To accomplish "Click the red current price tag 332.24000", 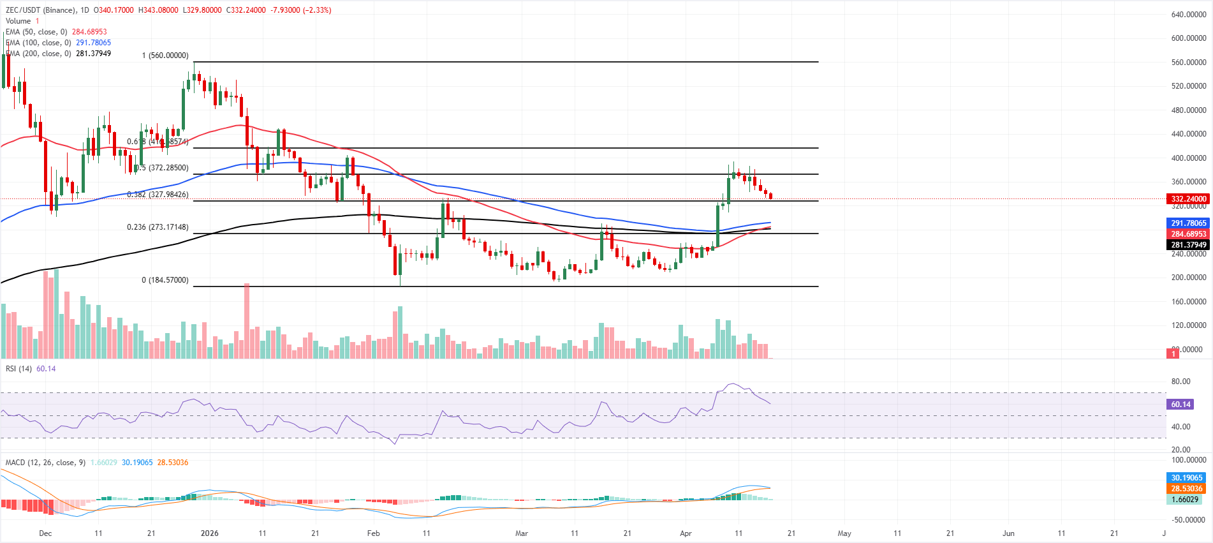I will (1188, 199).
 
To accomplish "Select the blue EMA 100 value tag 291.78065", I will (1188, 223).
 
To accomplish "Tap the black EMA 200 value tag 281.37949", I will (1188, 245).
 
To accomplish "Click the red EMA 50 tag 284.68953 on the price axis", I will (1188, 234).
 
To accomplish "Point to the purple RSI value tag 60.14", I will (1180, 405).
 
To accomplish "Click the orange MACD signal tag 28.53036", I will (1186, 489).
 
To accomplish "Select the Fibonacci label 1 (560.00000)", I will (165, 56).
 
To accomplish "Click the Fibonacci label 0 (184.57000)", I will (165, 280).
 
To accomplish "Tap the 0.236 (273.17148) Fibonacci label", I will (158, 227).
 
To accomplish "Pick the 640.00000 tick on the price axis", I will (1188, 15).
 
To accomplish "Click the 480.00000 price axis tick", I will (1188, 110).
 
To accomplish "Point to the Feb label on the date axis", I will (373, 533).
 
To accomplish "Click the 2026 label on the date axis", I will (209, 533).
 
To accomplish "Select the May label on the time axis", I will (844, 533).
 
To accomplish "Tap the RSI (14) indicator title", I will (18, 369).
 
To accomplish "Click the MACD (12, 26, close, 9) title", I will (45, 463).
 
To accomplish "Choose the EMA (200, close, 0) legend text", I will (38, 54).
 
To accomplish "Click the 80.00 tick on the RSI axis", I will (1180, 382).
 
